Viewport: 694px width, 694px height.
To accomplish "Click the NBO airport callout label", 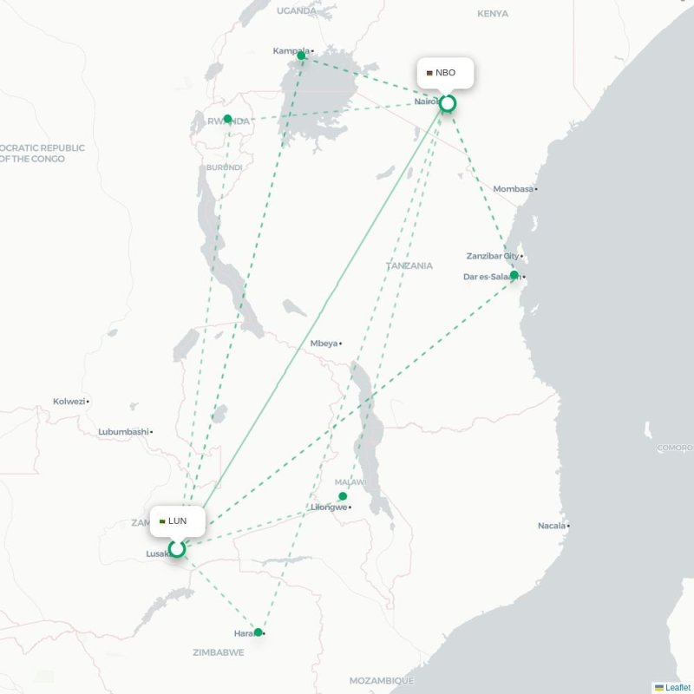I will click(445, 73).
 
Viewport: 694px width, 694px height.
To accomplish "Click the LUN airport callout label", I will click(177, 521).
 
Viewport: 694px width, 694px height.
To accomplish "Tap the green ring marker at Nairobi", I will click(447, 104).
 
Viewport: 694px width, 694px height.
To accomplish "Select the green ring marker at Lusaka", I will click(177, 548).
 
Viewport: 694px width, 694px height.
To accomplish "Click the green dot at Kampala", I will click(301, 56).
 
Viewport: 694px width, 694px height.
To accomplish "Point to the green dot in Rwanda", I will click(227, 119).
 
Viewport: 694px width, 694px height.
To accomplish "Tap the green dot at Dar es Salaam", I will click(514, 275).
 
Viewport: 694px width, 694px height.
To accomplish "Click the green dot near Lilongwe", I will click(343, 496).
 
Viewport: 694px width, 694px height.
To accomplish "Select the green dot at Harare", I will click(258, 632).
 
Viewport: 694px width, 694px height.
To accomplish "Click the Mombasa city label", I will click(514, 188).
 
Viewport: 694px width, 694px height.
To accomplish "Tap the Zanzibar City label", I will click(492, 257).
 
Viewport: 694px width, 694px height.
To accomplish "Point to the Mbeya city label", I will click(324, 344).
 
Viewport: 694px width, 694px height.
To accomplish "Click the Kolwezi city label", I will click(69, 402).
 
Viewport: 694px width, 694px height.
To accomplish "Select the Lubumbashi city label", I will click(124, 431).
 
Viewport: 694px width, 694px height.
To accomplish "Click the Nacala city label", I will click(551, 525).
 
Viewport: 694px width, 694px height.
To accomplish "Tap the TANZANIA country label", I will click(409, 266).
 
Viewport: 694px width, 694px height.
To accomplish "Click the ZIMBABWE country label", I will click(218, 652).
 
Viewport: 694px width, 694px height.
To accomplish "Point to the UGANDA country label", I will click(298, 10).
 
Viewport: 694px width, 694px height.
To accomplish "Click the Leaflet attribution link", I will click(673, 687).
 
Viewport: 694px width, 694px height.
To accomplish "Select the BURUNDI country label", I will click(224, 167).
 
